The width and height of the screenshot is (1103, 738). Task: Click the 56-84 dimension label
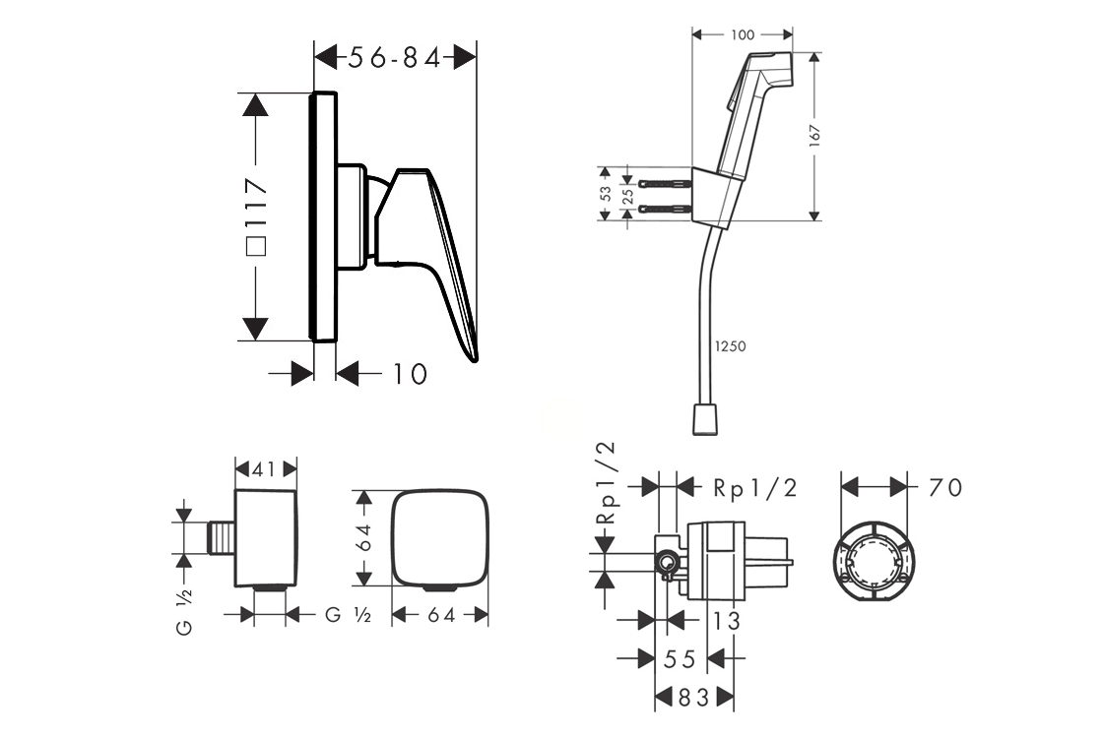pyautogui.click(x=394, y=58)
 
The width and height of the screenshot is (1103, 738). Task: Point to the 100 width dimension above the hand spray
pyautogui.click(x=743, y=35)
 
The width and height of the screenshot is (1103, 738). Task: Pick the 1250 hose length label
pyautogui.click(x=731, y=346)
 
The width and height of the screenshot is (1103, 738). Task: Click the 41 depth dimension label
pyautogui.click(x=264, y=469)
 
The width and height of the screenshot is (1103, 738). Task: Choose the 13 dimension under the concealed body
pyautogui.click(x=726, y=621)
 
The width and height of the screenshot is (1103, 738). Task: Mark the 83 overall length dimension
pyautogui.click(x=692, y=698)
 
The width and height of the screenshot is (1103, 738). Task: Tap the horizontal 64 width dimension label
pyautogui.click(x=441, y=616)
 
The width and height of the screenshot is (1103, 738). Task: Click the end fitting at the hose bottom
pyautogui.click(x=707, y=420)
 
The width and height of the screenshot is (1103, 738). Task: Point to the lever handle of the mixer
pyautogui.click(x=438, y=256)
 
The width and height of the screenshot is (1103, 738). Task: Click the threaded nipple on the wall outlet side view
pyautogui.click(x=224, y=539)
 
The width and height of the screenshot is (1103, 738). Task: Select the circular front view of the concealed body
pyautogui.click(x=873, y=564)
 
